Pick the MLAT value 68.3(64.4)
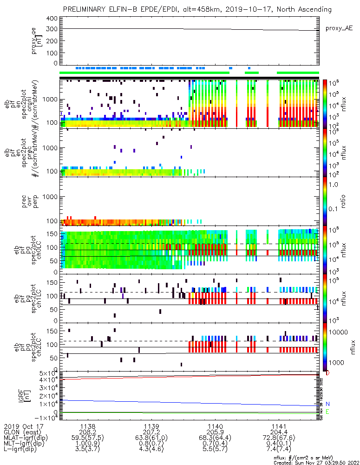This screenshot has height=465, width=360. [215, 438]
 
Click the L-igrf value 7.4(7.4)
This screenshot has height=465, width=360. [279, 450]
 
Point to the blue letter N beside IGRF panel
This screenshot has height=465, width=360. [327, 404]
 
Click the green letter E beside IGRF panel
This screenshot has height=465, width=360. [327, 412]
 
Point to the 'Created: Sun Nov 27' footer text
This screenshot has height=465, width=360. [307, 462]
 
